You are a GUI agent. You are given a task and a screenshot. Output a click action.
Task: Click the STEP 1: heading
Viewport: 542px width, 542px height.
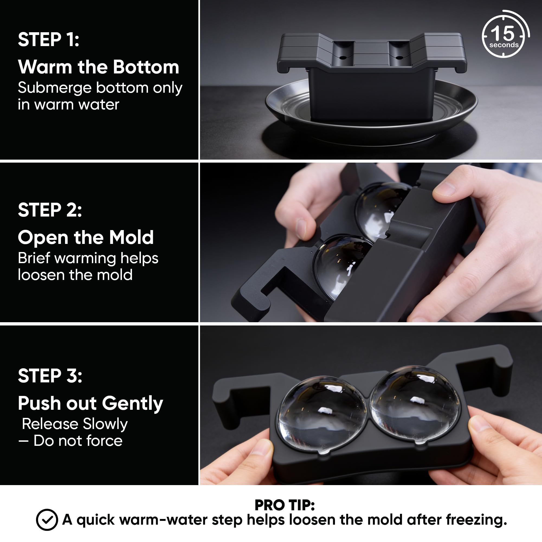click(x=49, y=39)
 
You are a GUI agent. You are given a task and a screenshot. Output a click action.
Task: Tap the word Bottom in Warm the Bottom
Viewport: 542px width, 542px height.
click(x=146, y=67)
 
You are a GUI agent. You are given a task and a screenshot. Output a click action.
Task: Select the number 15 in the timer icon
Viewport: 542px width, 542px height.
click(x=502, y=34)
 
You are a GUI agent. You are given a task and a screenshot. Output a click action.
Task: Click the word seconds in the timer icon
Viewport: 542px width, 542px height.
click(x=504, y=45)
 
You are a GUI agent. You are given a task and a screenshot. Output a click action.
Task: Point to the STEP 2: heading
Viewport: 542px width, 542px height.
click(x=50, y=210)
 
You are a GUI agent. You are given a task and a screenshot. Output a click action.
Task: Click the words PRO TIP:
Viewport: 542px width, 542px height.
click(x=285, y=505)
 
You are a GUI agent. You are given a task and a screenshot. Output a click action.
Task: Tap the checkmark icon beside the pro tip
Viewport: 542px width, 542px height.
click(x=47, y=520)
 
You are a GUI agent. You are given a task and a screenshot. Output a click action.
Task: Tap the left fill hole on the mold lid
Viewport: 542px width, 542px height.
click(x=343, y=57)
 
